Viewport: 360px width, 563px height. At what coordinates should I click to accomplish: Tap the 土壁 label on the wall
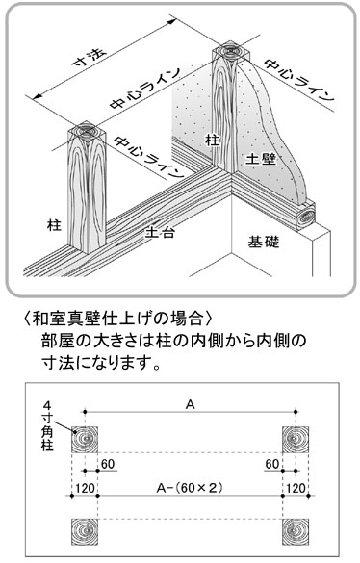261,159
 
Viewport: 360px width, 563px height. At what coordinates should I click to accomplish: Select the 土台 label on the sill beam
160,233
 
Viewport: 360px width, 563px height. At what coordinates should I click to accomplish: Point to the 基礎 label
264,242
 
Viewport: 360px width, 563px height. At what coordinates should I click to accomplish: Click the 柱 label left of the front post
54,225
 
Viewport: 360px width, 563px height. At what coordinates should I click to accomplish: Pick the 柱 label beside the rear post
212,140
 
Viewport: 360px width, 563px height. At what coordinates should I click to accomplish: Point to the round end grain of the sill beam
306,218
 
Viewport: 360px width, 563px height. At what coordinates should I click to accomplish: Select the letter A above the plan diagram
190,404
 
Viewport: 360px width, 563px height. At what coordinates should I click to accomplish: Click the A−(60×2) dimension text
190,488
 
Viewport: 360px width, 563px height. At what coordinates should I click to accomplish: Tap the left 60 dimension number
108,464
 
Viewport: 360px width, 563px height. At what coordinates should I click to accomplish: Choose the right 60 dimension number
272,464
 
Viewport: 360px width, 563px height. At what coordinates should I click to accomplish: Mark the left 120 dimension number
85,488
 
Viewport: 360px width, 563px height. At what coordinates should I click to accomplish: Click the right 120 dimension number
296,488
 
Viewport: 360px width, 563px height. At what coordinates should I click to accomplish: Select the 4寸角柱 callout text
47,426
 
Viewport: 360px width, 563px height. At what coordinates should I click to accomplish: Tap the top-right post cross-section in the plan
296,440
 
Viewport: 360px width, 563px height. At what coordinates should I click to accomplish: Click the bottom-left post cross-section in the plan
85,532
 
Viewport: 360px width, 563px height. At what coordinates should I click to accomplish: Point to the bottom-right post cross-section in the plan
296,532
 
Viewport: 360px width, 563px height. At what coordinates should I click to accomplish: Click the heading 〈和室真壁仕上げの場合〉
119,318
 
